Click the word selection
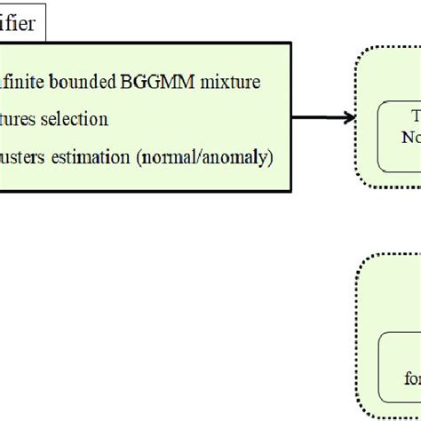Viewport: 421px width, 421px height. tap(77, 118)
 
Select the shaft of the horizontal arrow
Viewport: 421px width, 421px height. tap(315, 115)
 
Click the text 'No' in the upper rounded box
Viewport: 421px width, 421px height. tap(409, 137)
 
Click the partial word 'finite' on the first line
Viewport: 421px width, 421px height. tap(24, 83)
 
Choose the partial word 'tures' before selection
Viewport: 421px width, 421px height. tap(20, 118)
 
